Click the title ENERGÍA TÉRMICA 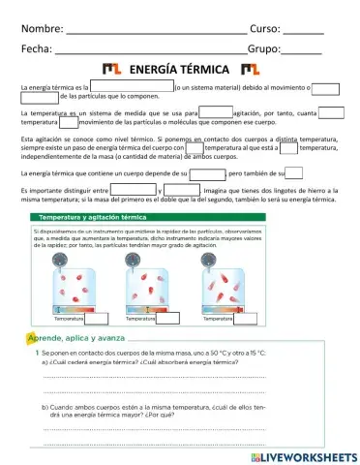[179, 70]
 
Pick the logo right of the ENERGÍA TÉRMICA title [251, 70]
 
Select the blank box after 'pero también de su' [294, 172]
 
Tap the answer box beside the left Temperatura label [97, 319]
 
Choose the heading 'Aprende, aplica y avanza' [77, 339]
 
